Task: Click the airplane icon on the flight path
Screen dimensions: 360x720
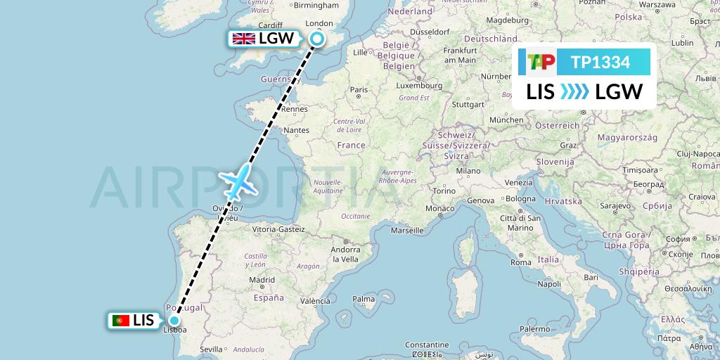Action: [x=240, y=181]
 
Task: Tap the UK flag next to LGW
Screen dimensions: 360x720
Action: [x=244, y=39]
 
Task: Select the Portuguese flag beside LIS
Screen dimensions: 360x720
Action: [x=120, y=321]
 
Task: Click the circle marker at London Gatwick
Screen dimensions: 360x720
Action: [x=317, y=39]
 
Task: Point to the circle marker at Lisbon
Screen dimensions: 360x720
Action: [x=174, y=321]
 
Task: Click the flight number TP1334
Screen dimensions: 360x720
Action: [x=600, y=63]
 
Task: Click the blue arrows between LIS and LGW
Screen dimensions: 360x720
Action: [x=575, y=92]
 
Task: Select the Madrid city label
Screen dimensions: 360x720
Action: [x=262, y=279]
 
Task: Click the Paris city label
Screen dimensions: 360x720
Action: [x=359, y=89]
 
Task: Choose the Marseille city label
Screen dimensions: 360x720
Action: [x=406, y=230]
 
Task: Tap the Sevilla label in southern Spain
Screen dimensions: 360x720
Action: [x=211, y=349]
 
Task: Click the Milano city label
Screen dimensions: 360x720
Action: [x=468, y=171]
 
